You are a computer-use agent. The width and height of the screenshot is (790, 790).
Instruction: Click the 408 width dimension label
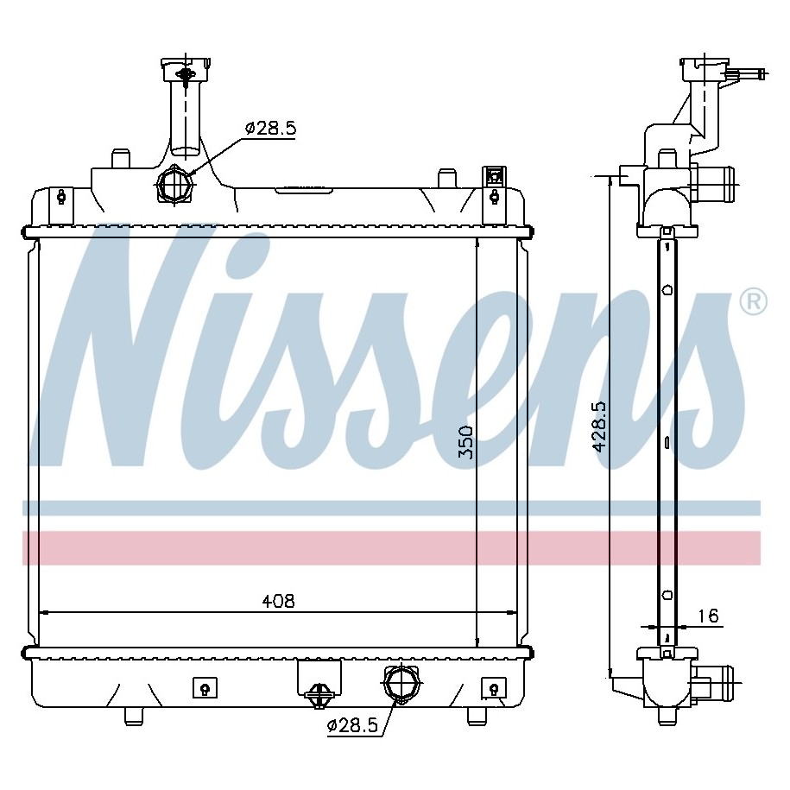pyautogui.click(x=278, y=601)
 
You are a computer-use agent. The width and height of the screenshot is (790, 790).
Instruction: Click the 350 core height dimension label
pyautogui.click(x=467, y=442)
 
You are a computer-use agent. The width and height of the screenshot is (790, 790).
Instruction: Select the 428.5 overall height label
pyautogui.click(x=599, y=427)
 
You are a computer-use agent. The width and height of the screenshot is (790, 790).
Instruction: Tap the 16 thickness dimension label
pyautogui.click(x=708, y=616)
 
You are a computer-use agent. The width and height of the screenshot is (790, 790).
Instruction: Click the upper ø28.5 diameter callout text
pyautogui.click(x=270, y=129)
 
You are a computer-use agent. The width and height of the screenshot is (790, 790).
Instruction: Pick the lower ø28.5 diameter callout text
pyautogui.click(x=352, y=725)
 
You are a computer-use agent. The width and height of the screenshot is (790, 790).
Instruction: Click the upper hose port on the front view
pyautogui.click(x=174, y=185)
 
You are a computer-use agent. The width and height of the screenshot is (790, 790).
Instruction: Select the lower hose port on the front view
pyautogui.click(x=401, y=683)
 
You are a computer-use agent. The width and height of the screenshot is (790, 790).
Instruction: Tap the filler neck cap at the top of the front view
pyautogui.click(x=186, y=70)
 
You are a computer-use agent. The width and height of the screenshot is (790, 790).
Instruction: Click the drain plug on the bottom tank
pyautogui.click(x=319, y=695)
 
